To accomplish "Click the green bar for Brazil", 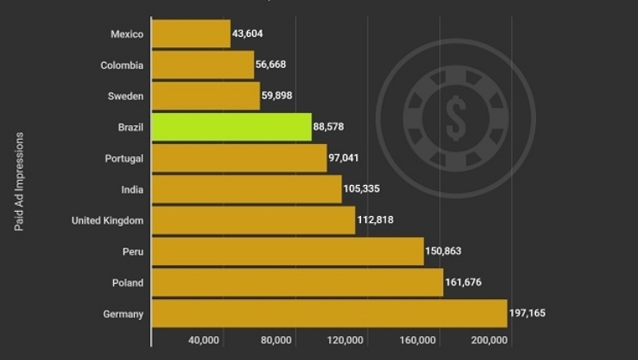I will (x=232, y=127).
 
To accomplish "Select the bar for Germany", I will (x=329, y=314).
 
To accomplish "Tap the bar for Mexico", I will (x=191, y=34).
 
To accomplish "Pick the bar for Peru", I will (x=287, y=251).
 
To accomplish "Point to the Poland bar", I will (x=298, y=283).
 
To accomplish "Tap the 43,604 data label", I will (x=252, y=34).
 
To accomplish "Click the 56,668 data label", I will (x=275, y=65).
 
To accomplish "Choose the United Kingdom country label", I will (x=107, y=220).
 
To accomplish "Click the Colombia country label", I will (x=122, y=65).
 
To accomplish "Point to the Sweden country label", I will (x=126, y=96).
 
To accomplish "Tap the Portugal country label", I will (x=124, y=159).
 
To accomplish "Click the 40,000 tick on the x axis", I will (x=203, y=340).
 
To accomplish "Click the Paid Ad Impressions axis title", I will (x=19, y=182).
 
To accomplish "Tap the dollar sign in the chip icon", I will (x=455, y=117).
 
